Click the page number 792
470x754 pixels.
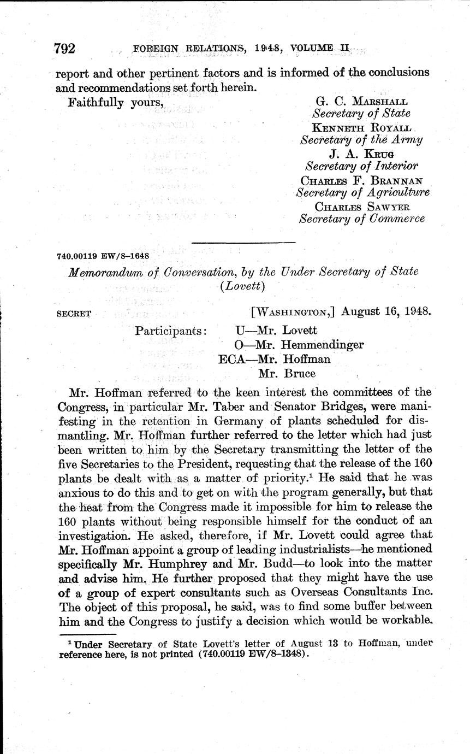[65, 49]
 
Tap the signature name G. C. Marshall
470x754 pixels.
[361, 102]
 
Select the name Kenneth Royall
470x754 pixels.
[361, 127]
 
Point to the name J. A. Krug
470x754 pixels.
[361, 153]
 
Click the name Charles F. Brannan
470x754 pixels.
[361, 179]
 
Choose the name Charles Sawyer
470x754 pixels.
[362, 206]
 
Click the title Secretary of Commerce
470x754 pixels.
[362, 219]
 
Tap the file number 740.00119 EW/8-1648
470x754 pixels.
[103, 255]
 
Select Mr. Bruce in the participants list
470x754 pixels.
[287, 374]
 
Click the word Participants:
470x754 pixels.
[171, 331]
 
